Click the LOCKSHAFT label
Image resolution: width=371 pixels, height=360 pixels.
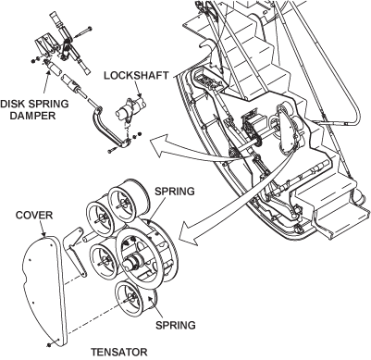pyautogui.click(x=136, y=76)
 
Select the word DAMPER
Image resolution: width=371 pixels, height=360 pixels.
pyautogui.click(x=32, y=116)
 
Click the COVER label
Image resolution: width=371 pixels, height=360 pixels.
pyautogui.click(x=34, y=215)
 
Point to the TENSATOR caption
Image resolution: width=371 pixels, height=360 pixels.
pyautogui.click(x=119, y=352)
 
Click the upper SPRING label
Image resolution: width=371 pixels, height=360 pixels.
pyautogui.click(x=175, y=192)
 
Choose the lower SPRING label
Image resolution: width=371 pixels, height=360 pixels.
pyautogui.click(x=175, y=325)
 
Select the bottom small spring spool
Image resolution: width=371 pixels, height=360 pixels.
pyautogui.click(x=136, y=299)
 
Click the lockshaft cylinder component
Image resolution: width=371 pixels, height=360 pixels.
pyautogui.click(x=131, y=108)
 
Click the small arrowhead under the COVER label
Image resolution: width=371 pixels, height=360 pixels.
pyautogui.click(x=44, y=234)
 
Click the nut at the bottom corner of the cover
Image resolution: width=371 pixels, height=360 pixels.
pyautogui.click(x=49, y=344)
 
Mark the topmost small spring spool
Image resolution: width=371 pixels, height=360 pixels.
pyautogui.click(x=127, y=204)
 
